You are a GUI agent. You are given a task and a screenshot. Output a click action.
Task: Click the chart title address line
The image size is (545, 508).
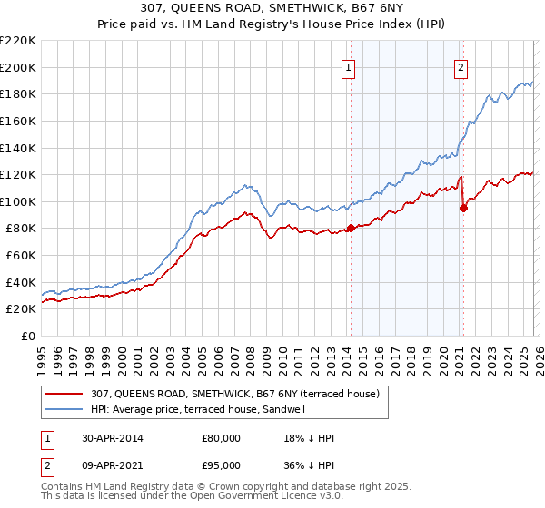coord(272,9)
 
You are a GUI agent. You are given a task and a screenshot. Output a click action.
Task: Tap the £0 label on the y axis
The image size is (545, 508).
coord(26,336)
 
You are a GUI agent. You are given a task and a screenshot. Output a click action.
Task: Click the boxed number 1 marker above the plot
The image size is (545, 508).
coord(349,66)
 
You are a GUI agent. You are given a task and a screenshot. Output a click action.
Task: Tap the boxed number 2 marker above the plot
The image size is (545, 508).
coord(461,66)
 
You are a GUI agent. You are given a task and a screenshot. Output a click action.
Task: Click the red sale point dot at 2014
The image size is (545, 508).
coord(351,229)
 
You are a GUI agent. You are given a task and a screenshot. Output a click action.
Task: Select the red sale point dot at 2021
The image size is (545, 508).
coord(463,208)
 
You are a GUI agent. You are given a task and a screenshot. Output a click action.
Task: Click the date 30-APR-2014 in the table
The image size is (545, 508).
coord(112,437)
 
